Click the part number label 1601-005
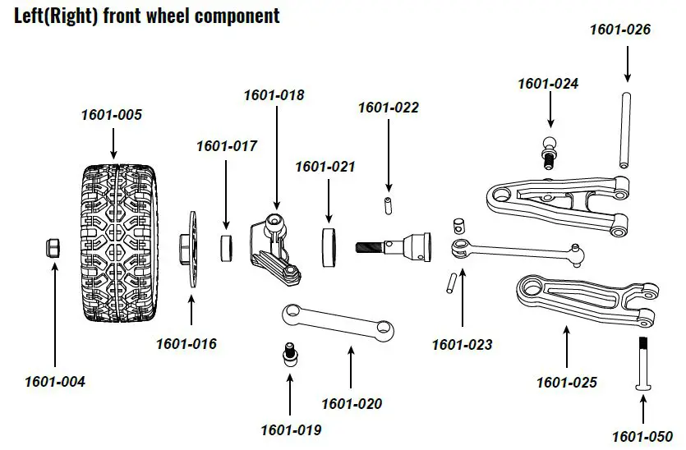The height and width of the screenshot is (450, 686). [111, 115]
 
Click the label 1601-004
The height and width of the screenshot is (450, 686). [54, 382]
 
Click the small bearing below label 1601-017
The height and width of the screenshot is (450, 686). [228, 247]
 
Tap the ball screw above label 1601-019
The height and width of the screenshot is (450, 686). [288, 353]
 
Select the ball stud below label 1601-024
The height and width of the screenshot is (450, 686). [548, 151]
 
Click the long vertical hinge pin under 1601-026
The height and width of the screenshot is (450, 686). [627, 131]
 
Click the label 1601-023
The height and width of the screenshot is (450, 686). [462, 345]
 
